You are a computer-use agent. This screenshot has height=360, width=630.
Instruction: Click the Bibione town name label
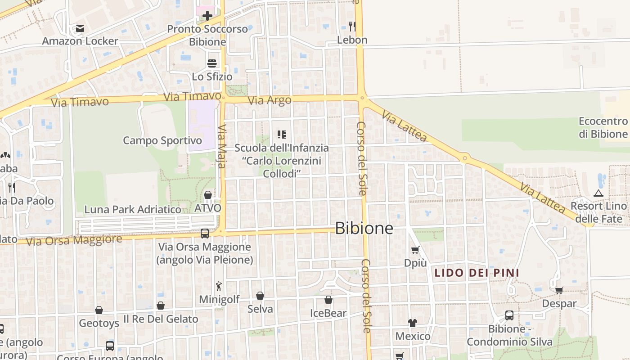(364, 228)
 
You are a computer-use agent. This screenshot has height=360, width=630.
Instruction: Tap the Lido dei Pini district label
(477, 273)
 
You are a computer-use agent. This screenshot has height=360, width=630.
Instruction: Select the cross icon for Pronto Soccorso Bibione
(207, 16)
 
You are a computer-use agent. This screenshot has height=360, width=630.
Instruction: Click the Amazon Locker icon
(80, 28)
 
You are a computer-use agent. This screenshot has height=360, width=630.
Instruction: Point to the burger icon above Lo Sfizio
(212, 63)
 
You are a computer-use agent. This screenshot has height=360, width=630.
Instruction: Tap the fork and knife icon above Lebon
(352, 27)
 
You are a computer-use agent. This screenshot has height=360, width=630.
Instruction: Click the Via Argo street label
(270, 100)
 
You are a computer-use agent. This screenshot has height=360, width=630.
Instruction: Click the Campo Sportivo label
(162, 140)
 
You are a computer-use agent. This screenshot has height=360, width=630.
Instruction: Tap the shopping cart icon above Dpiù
(415, 250)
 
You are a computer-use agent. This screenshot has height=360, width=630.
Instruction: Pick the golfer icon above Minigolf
(219, 286)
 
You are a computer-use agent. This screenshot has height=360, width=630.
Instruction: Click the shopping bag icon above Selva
(260, 296)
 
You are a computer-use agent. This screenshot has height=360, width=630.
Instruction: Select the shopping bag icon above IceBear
(328, 300)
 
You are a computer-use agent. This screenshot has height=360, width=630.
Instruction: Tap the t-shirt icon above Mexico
(413, 323)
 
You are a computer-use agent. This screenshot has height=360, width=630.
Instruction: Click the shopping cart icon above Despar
(559, 290)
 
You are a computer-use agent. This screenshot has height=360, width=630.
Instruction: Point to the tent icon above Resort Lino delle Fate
(598, 193)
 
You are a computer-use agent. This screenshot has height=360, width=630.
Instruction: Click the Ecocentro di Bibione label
(603, 127)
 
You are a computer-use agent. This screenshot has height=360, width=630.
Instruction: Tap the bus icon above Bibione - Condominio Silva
(509, 315)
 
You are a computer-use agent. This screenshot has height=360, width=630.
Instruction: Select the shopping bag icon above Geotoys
(99, 310)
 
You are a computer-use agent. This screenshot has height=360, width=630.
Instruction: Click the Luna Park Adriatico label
(133, 209)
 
